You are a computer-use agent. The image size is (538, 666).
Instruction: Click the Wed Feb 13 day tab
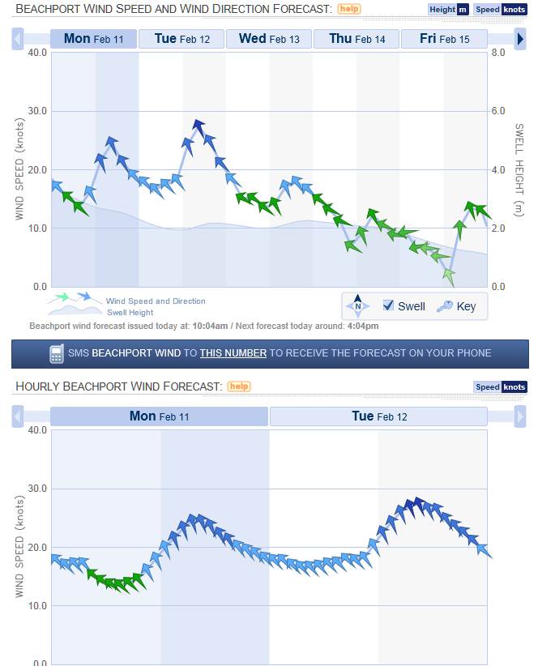(269, 39)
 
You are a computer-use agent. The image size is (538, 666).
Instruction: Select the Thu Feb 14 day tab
(357, 39)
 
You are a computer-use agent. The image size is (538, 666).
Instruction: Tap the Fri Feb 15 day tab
(444, 39)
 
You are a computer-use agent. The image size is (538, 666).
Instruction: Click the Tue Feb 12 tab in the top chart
(181, 39)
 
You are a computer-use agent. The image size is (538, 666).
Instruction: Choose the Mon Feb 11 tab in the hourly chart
(159, 416)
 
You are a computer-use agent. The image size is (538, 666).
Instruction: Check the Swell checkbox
(389, 305)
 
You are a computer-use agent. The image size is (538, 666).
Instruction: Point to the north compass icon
(357, 306)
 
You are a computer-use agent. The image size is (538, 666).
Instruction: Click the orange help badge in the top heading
(349, 9)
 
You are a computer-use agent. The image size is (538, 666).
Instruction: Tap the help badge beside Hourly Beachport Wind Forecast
(239, 386)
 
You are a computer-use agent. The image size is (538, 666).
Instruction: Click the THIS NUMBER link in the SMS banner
(233, 353)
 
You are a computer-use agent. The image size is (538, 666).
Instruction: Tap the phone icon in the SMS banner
(56, 353)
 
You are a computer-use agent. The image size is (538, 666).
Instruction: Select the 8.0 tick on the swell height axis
(497, 53)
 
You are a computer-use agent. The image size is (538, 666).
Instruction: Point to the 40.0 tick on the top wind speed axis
(37, 53)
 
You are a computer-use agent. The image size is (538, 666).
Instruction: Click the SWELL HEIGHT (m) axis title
(519, 169)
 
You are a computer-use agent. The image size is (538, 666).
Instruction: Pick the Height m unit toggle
(448, 10)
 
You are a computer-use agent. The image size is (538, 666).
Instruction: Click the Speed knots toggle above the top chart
(500, 10)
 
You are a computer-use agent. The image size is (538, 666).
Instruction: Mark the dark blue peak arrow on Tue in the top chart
(199, 127)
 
